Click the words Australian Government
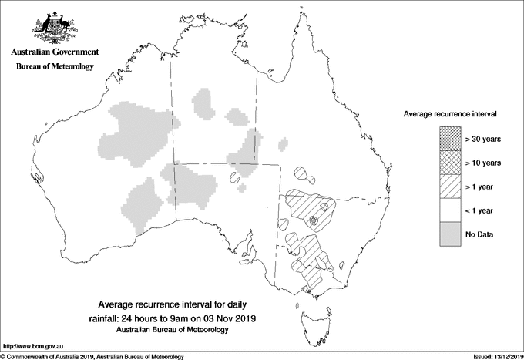pyautogui.click(x=54, y=52)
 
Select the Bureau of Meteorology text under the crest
pyautogui.click(x=54, y=67)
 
